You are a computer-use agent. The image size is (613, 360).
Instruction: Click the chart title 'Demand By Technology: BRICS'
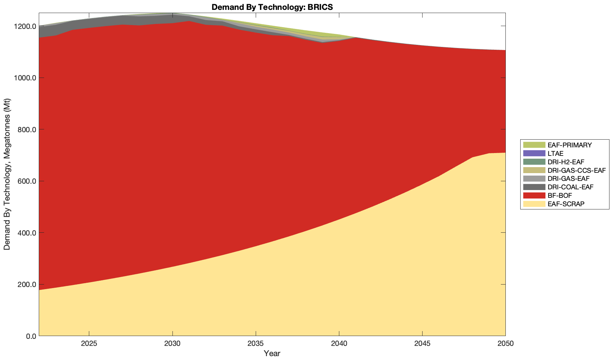[272, 7]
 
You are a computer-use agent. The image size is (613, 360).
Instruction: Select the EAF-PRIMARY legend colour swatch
[534, 145]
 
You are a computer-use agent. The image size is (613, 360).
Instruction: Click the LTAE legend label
[556, 153]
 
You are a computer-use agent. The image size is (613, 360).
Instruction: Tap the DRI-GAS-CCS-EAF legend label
[576, 170]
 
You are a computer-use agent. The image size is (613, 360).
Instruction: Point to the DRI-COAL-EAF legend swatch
[534, 187]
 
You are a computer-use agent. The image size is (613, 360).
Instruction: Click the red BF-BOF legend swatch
[534, 195]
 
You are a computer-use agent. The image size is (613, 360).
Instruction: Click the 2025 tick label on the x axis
[89, 344]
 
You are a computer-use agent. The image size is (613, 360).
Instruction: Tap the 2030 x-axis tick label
[172, 344]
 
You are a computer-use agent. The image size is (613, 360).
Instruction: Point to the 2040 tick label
[339, 344]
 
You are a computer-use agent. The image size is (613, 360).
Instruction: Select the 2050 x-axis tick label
[505, 344]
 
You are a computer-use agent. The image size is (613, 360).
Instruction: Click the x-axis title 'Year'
[272, 353]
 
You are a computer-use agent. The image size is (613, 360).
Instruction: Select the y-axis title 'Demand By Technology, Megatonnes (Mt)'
[7, 175]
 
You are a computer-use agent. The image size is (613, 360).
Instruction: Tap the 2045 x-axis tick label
[422, 344]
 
